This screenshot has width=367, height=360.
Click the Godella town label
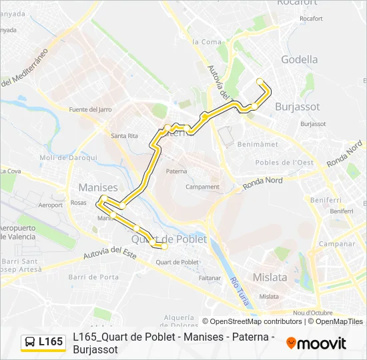click(300, 59)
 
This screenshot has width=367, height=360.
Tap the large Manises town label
click(98, 188)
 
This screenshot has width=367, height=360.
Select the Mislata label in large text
click(270, 277)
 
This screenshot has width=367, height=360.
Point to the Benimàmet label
click(256, 143)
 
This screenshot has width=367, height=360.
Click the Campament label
click(202, 187)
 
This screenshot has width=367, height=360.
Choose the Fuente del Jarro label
click(90, 109)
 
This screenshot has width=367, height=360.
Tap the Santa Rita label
click(124, 136)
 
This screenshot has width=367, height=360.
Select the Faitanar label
click(210, 277)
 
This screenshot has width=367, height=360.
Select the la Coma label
click(206, 42)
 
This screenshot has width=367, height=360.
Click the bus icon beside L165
click(30, 342)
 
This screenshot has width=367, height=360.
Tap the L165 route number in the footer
click(51, 342)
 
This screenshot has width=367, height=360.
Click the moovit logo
click(316, 343)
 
